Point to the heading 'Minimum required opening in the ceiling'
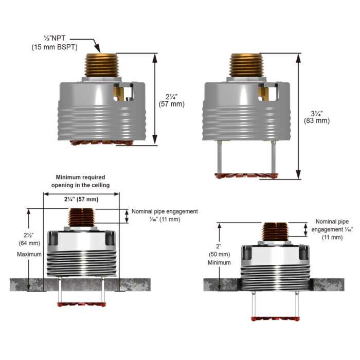[x=80, y=181]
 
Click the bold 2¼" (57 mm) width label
[x=81, y=199]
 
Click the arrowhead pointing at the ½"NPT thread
[x=96, y=53]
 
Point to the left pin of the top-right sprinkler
[x=220, y=157]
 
